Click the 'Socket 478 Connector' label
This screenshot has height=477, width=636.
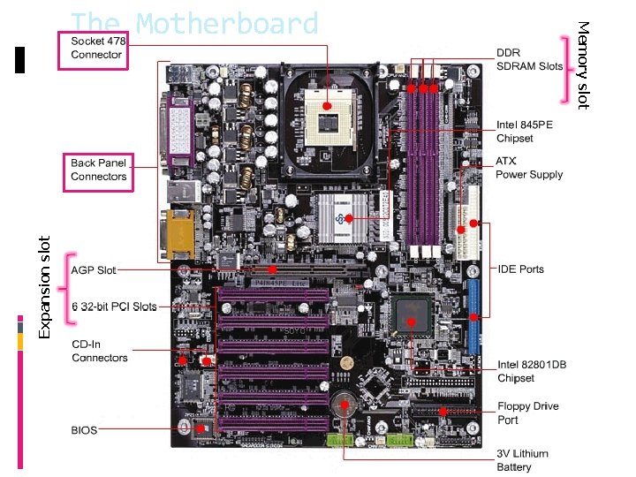(x=96, y=48)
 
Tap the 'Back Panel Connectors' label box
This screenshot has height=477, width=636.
(x=99, y=170)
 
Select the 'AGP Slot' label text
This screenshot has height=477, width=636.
(x=94, y=269)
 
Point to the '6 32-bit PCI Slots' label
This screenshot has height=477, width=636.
(x=113, y=307)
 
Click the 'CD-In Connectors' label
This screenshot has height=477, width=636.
(x=99, y=351)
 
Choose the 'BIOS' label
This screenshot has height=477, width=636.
(x=84, y=430)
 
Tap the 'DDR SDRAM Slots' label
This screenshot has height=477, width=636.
(x=529, y=59)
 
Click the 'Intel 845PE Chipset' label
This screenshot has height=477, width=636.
(x=525, y=132)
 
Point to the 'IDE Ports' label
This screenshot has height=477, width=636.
(x=520, y=269)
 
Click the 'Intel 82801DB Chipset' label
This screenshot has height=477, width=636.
(x=532, y=371)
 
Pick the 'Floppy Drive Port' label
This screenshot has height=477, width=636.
(x=527, y=413)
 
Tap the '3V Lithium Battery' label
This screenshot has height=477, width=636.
(x=522, y=460)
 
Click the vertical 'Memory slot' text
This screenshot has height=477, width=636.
(x=582, y=65)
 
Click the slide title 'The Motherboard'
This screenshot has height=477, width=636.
(x=193, y=24)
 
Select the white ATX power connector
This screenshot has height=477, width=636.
(x=466, y=220)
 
